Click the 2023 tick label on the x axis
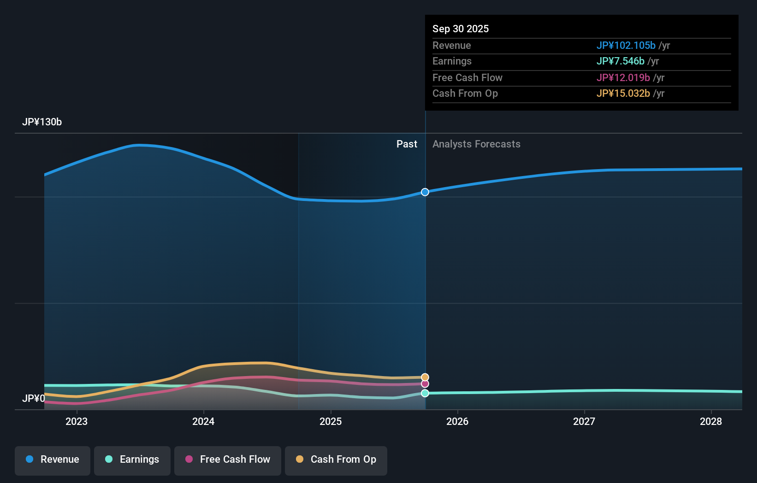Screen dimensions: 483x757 (77, 421)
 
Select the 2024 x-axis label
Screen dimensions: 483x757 (203, 421)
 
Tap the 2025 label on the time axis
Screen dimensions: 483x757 (331, 421)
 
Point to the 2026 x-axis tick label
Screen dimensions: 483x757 (457, 421)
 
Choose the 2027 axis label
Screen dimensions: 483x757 (584, 421)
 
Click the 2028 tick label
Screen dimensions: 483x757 (711, 421)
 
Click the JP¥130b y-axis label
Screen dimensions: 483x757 (42, 122)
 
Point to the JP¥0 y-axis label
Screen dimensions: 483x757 (34, 398)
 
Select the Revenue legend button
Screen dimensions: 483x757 (53, 459)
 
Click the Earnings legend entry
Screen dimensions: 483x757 (132, 459)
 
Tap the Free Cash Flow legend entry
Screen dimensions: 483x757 (228, 459)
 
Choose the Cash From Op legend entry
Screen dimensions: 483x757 (336, 459)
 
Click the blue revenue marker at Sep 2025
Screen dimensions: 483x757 (425, 192)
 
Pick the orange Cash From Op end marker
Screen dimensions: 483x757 (425, 377)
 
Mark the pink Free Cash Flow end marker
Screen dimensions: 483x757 (425, 384)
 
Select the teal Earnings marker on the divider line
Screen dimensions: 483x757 (425, 393)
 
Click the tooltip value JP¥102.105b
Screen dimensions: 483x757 (626, 46)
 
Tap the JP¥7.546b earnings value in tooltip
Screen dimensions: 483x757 (620, 61)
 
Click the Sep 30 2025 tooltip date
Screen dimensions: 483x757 (461, 29)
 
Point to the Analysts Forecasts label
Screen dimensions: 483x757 (476, 144)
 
